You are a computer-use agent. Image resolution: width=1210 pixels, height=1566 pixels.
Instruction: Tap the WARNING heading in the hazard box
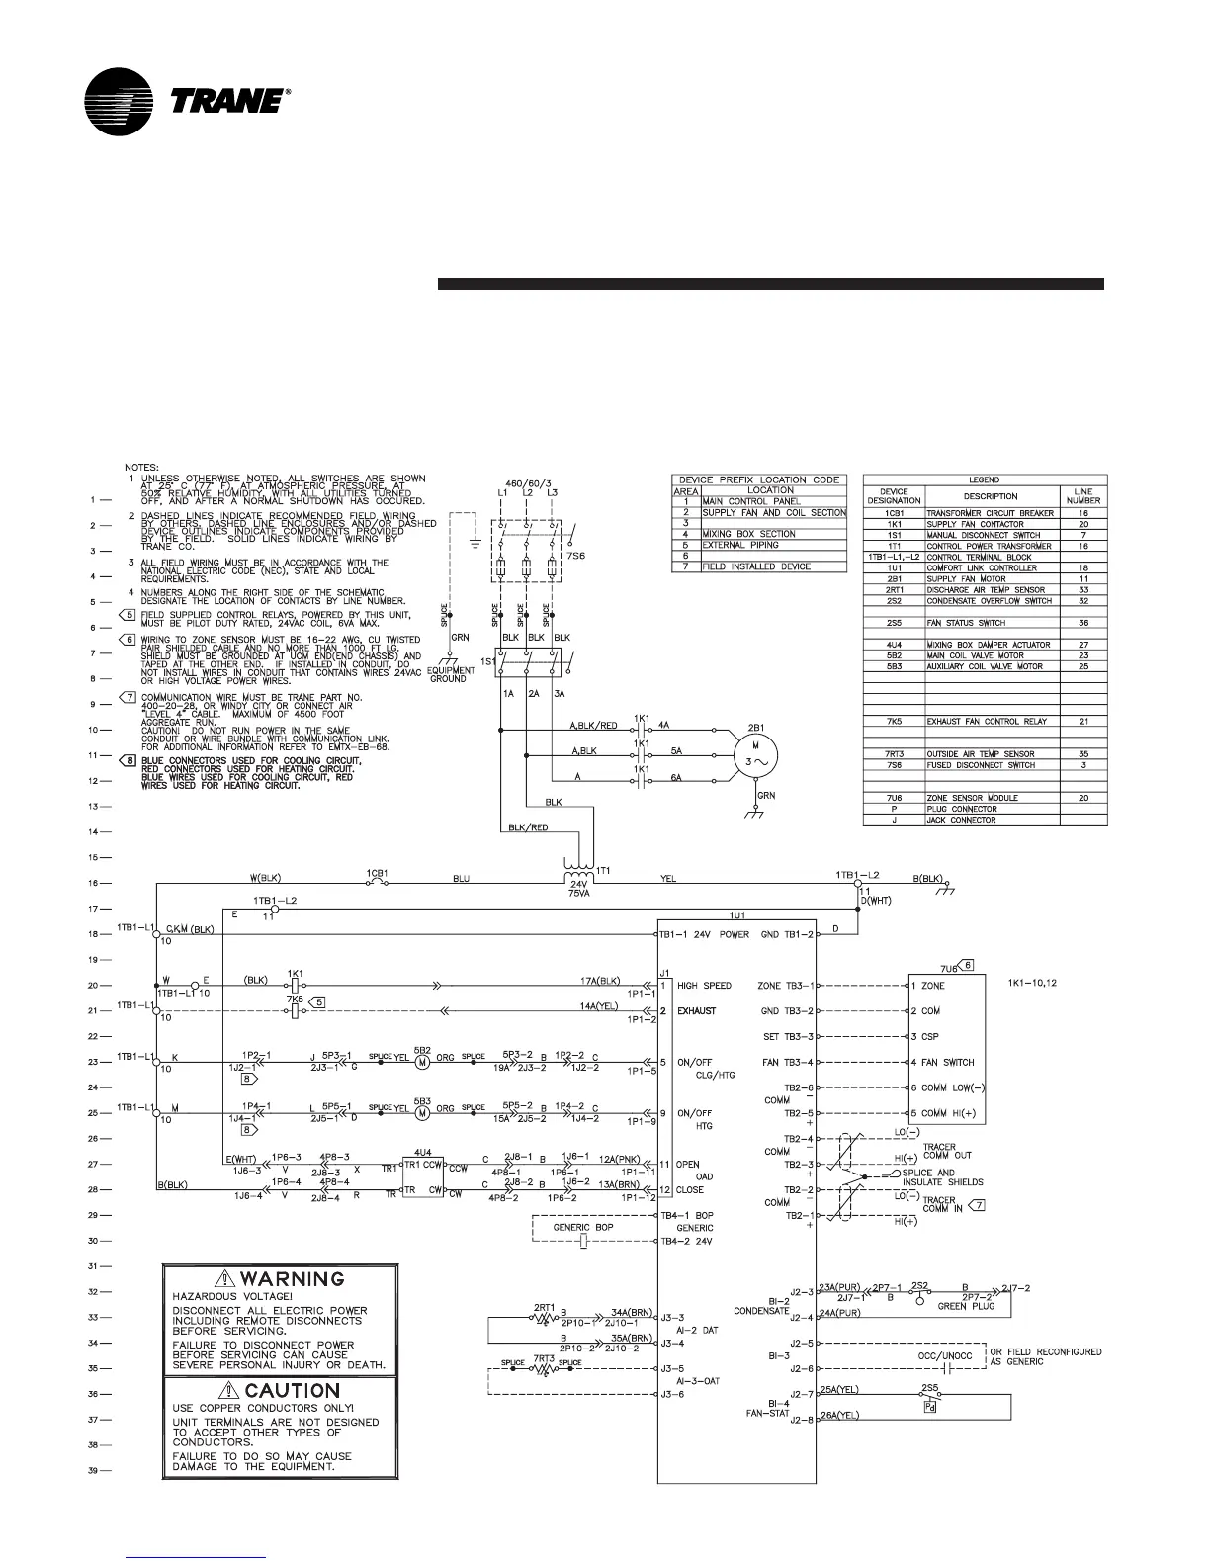(x=294, y=1279)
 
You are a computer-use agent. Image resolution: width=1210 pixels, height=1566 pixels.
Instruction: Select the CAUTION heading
(x=292, y=1391)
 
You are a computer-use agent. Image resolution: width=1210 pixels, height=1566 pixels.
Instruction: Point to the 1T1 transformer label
(x=605, y=870)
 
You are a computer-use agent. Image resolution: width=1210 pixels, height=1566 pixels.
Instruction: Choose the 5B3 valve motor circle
(x=422, y=1112)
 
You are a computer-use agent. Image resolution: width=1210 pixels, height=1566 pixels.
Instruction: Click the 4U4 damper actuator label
(x=422, y=1152)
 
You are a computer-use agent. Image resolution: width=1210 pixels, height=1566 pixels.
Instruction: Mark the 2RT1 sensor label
(x=544, y=1307)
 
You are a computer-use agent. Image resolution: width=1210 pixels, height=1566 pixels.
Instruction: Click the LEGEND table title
(x=984, y=480)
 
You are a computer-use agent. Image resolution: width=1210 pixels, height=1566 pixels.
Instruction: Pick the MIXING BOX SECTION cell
(x=748, y=534)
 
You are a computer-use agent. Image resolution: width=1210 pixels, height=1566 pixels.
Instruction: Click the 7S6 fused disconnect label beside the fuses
(x=577, y=557)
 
